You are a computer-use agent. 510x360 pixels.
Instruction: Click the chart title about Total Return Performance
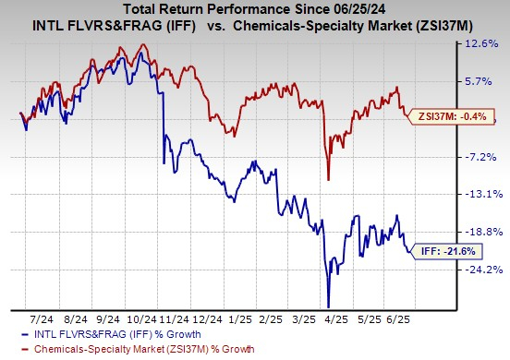pos(254,11)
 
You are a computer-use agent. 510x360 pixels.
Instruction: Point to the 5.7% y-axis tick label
pos(481,81)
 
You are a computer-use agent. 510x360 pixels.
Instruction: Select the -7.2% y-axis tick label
pos(481,157)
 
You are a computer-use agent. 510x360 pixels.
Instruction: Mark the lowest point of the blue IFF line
pos(328,306)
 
